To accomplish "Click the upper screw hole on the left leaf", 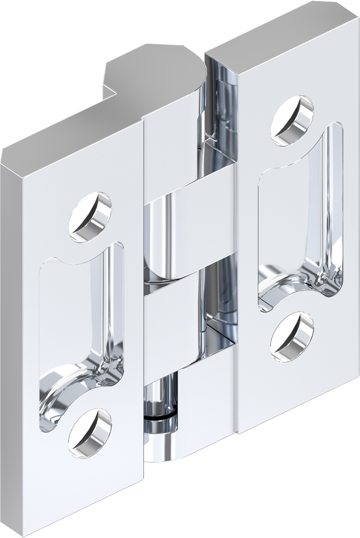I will tap(90, 217).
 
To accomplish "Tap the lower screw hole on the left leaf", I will tap(90, 432).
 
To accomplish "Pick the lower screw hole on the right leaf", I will tap(293, 336).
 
